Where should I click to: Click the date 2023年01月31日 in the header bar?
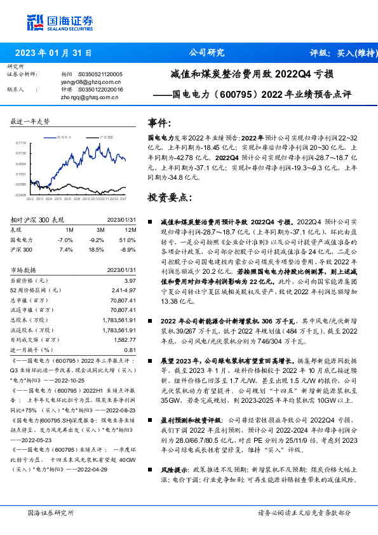click(53, 53)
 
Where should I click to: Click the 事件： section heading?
click(161, 122)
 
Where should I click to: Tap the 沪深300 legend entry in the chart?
click(106, 137)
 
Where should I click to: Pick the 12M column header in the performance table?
click(131, 229)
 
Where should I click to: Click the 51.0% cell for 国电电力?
click(129, 240)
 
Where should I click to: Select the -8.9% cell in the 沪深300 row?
click(129, 250)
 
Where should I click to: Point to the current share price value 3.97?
click(130, 280)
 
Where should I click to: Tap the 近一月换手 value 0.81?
click(130, 349)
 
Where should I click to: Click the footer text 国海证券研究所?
click(48, 512)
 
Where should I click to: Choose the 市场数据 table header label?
click(25, 269)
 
